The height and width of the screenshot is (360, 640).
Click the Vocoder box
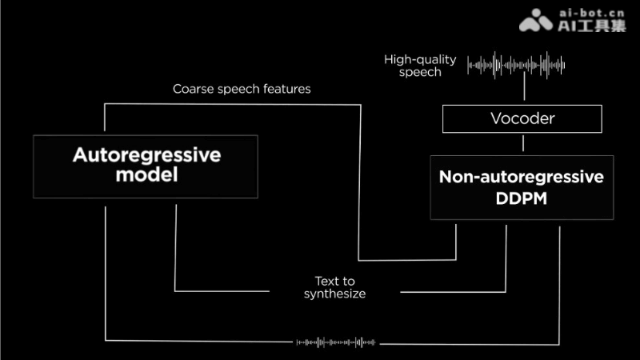(522, 119)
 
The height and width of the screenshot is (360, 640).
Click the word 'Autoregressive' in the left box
(146, 155)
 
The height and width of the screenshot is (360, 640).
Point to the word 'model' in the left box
(146, 175)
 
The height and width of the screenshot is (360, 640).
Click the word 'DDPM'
(522, 198)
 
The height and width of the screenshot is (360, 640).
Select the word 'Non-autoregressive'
(522, 177)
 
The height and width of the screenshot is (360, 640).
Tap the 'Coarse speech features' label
(242, 89)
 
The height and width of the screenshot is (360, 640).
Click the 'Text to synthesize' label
(334, 287)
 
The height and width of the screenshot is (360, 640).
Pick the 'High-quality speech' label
(420, 66)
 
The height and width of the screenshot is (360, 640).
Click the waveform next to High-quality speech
(516, 65)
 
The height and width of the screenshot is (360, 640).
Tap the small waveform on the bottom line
(336, 342)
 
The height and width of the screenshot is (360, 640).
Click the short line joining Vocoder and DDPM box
(523, 143)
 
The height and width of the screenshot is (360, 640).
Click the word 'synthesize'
(334, 294)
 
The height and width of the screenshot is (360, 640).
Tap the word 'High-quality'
(420, 59)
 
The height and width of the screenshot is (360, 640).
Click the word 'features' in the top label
(287, 89)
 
